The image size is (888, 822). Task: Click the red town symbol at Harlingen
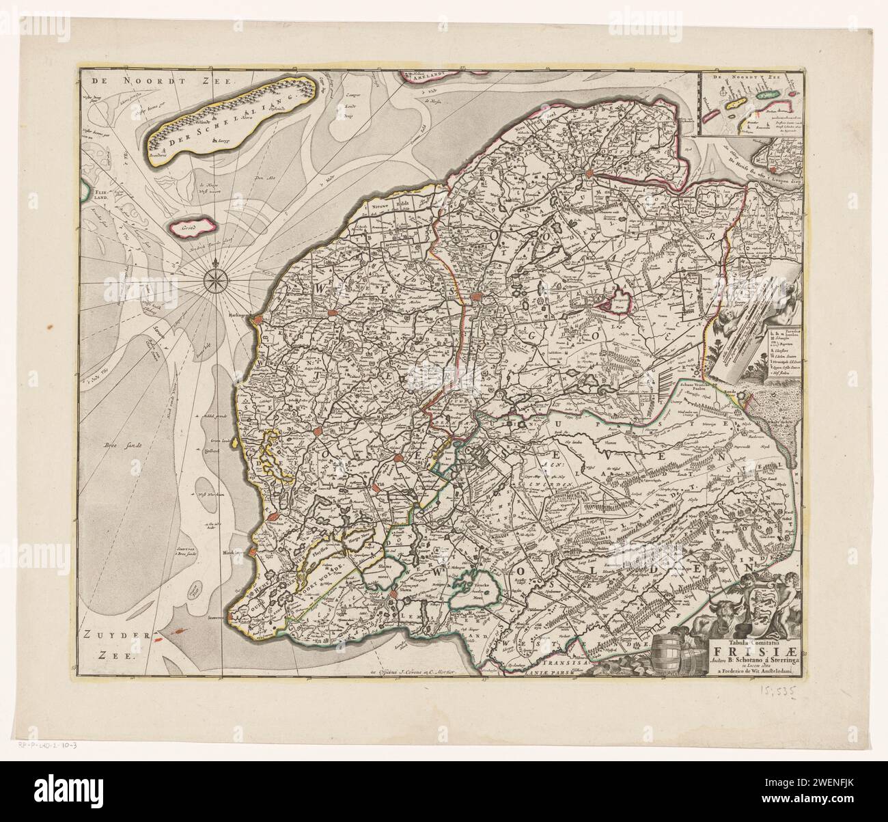(256, 319)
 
